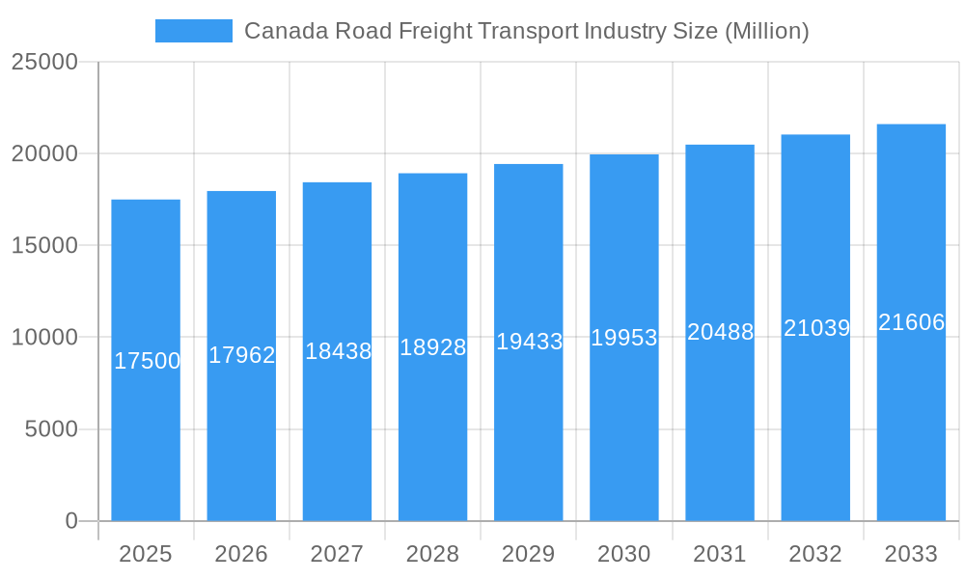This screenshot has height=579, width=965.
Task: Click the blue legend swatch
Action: pos(193,31)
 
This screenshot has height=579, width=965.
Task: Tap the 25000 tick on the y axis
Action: pos(44,62)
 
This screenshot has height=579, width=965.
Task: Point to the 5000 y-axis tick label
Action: pos(50,429)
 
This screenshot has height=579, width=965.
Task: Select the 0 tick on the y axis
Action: pos(71,521)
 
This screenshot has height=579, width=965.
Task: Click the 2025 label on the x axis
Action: pos(146,554)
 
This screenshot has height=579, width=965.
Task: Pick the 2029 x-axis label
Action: pos(528,554)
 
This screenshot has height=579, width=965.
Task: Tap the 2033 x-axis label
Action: pos(911,554)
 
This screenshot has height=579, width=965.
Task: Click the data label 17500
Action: pos(147,361)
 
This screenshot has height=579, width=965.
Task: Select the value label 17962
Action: pos(241,355)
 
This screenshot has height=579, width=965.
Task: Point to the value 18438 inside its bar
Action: pos(338,351)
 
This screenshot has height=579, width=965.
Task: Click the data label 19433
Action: pos(529,342)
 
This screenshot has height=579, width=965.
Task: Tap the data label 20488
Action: pos(720,332)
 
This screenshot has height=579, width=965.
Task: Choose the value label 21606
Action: pos(911,322)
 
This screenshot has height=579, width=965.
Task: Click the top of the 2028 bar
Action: pos(432,175)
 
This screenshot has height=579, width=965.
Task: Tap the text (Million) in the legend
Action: pos(766,31)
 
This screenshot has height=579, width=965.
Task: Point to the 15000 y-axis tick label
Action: pos(44,245)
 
